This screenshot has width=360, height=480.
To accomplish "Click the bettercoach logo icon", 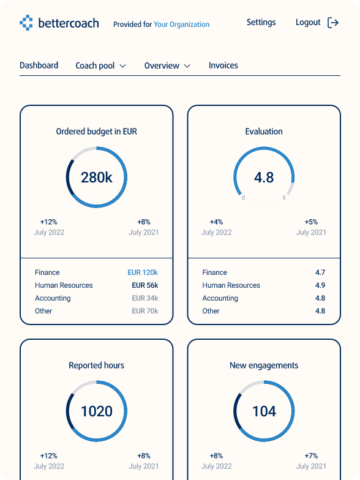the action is tap(26, 23).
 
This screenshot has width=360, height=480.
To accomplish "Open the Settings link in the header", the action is tap(261, 23).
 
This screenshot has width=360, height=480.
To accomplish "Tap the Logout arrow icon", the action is tap(333, 23).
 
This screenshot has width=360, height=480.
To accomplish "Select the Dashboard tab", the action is tap(39, 65).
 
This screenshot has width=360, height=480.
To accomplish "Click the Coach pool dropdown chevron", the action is tap(122, 66).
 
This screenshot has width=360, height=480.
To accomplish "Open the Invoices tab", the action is tap(223, 65).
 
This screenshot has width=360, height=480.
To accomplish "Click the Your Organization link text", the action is tap(181, 24).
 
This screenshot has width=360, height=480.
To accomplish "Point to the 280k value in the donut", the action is tap(97, 178).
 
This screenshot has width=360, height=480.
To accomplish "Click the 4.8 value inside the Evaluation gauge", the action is tap(264, 178).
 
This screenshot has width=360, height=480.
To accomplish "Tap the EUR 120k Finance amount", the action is tap(143, 272).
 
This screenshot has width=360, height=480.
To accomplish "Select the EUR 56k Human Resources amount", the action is tap(144, 285).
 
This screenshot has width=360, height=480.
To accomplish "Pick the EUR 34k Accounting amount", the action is tap(144, 298).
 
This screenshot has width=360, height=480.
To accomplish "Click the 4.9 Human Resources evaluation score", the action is tap(320, 285).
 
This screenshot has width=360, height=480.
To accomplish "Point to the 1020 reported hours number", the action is tap(97, 411).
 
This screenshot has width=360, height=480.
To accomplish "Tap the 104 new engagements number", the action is tap(264, 411).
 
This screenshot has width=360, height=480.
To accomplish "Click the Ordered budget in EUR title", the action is tap(97, 131).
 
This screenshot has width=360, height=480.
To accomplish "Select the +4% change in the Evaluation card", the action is tap(217, 222).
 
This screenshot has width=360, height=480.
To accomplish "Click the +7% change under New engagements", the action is tap(311, 456).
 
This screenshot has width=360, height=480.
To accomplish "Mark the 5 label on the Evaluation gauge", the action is tap(284, 197).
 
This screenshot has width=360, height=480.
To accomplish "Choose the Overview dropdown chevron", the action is tap(187, 66).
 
